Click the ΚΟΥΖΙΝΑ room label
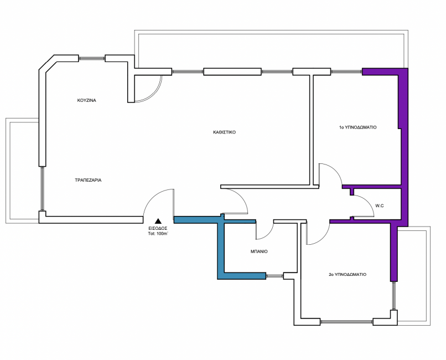pyautogui.click(x=87, y=100)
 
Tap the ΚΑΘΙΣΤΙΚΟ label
pyautogui.click(x=225, y=132)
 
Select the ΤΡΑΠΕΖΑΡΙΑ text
pyautogui.click(x=88, y=180)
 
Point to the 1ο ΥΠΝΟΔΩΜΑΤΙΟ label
pyautogui.click(x=357, y=127)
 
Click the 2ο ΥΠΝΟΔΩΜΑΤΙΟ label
pyautogui.click(x=348, y=275)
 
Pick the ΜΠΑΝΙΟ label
pyautogui.click(x=259, y=251)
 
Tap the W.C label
pyautogui.click(x=380, y=206)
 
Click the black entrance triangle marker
pyautogui.click(x=158, y=221)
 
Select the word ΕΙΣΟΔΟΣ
pyautogui.click(x=158, y=228)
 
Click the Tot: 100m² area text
pyautogui.click(x=158, y=234)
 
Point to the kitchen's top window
pyautogui.click(x=92, y=58)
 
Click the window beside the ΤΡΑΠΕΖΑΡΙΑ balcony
pyautogui.click(x=42, y=189)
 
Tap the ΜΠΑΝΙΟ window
pyautogui.click(x=275, y=275)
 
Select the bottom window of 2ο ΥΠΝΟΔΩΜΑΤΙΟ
pyautogui.click(x=346, y=322)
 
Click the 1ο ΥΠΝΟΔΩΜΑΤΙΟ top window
pyautogui.click(x=346, y=71)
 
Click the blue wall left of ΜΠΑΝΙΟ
pyautogui.click(x=221, y=248)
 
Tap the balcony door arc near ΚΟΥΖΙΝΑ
pyautogui.click(x=155, y=94)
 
